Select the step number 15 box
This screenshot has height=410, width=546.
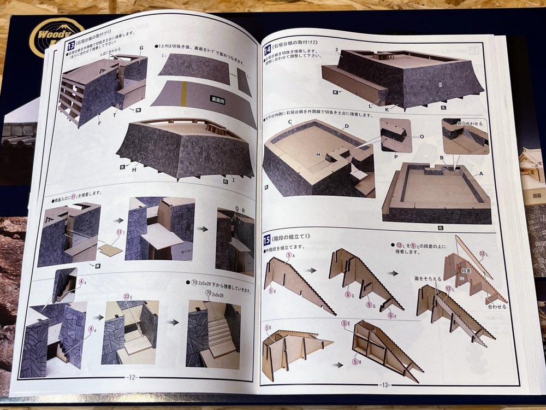click(267, 238)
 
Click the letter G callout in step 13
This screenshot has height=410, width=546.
click(141, 48)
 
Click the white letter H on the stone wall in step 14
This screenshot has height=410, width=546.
click(439, 85)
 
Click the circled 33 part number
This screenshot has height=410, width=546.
click(127, 296)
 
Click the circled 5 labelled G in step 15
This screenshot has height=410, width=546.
click(370, 305)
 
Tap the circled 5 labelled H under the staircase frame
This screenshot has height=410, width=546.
click(355, 361)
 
